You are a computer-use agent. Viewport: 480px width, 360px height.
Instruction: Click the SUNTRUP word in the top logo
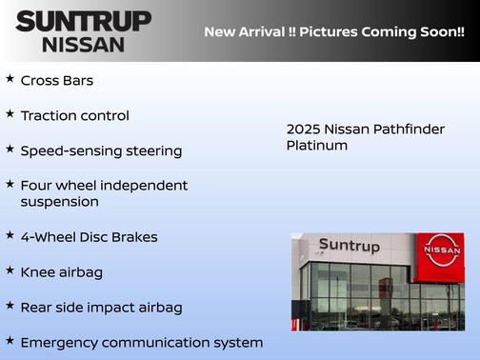tap(83, 21)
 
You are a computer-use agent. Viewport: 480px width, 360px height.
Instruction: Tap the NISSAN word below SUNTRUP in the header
tap(83, 44)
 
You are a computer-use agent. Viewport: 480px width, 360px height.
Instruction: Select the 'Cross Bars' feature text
tap(57, 81)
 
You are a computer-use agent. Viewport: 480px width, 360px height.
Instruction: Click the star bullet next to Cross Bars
tap(10, 79)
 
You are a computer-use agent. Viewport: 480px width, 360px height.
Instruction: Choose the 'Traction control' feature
tap(74, 115)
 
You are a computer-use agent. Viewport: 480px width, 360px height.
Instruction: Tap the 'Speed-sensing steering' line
tap(101, 150)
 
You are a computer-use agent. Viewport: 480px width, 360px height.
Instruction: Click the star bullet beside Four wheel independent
tap(10, 183)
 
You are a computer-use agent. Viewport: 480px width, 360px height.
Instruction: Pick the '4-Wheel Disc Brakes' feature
tap(89, 237)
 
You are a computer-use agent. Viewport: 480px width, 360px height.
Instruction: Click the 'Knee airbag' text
tap(61, 272)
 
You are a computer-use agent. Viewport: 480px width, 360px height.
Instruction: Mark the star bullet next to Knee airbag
tap(10, 270)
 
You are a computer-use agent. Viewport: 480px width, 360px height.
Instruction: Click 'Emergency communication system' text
tap(141, 342)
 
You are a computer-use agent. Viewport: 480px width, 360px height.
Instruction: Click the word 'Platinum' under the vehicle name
tap(317, 146)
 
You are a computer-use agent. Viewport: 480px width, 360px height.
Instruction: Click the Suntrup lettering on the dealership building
tap(349, 246)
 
